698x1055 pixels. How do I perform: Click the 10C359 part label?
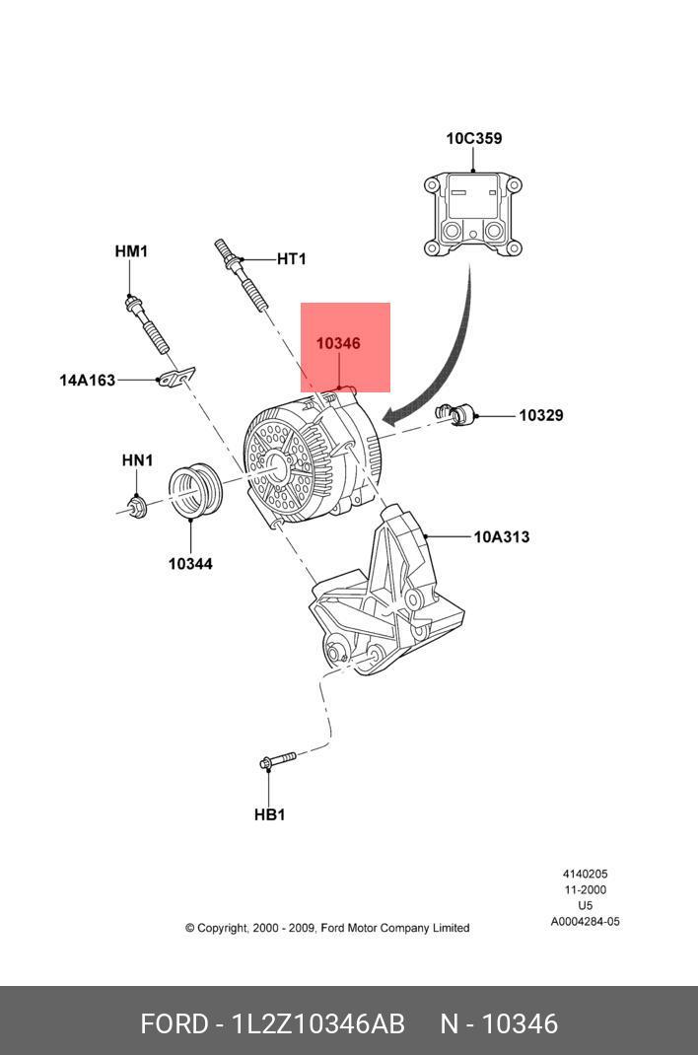(473, 139)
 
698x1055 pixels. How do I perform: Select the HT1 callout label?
(291, 259)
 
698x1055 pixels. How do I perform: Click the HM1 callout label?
(131, 252)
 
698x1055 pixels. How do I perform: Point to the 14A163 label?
(87, 380)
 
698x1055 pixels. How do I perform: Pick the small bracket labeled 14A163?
(175, 377)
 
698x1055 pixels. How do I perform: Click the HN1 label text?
(137, 460)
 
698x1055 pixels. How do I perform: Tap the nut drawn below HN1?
(137, 507)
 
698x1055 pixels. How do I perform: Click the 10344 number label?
(189, 564)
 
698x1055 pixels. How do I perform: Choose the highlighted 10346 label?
(338, 344)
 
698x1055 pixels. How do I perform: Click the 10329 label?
(541, 416)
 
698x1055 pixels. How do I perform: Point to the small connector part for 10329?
(461, 414)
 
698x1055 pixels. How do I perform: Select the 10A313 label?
(501, 537)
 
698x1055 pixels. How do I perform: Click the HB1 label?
(269, 814)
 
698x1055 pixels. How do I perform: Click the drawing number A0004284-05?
(585, 923)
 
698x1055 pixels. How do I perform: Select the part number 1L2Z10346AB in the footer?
(318, 1023)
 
